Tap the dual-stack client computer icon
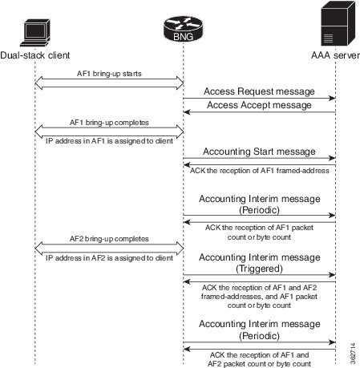(x=34, y=31)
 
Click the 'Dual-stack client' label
(x=35, y=56)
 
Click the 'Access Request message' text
(x=259, y=91)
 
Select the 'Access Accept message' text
(x=259, y=105)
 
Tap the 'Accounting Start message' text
(x=259, y=150)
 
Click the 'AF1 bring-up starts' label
(x=110, y=73)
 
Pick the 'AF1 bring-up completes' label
(x=110, y=123)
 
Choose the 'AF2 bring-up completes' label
(x=110, y=238)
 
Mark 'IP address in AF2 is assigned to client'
(x=110, y=257)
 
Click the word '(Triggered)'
(x=259, y=271)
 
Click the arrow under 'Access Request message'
(x=259, y=99)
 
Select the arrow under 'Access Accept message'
(x=259, y=113)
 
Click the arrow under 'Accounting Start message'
(x=259, y=158)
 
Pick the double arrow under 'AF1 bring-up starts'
(x=110, y=81)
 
